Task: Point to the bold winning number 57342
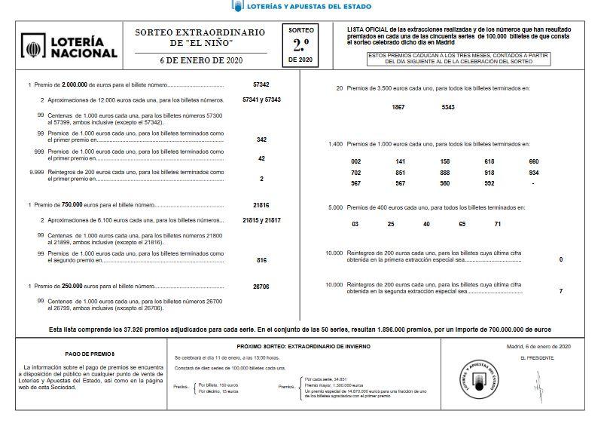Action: coord(261,84)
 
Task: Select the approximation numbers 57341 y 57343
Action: coord(261,100)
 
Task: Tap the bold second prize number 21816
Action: coord(261,205)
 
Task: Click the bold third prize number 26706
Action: coord(261,287)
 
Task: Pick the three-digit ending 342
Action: coord(261,139)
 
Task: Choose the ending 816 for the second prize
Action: coord(261,260)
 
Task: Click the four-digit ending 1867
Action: coord(398,107)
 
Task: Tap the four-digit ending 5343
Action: coord(448,107)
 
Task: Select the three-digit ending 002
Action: coord(356,161)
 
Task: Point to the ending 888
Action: coord(445,172)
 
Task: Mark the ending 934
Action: coord(533,172)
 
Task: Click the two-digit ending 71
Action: coord(497,224)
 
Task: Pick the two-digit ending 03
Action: coord(355,224)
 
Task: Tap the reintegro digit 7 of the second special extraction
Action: coord(560,291)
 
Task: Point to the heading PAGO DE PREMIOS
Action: coord(90,353)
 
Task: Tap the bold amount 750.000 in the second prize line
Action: coord(72,205)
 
